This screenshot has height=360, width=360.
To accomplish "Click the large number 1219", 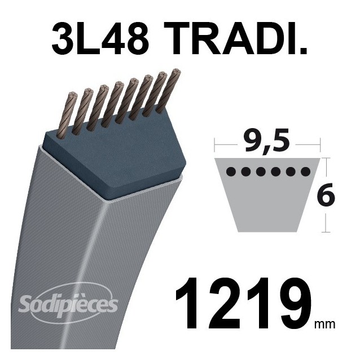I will [244, 308].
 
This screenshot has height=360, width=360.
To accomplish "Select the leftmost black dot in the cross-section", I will [229, 171].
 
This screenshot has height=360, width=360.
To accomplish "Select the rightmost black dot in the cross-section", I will [305, 171].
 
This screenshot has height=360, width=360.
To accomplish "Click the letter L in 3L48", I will [84, 38].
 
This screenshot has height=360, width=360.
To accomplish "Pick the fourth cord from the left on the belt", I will [117, 102].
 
